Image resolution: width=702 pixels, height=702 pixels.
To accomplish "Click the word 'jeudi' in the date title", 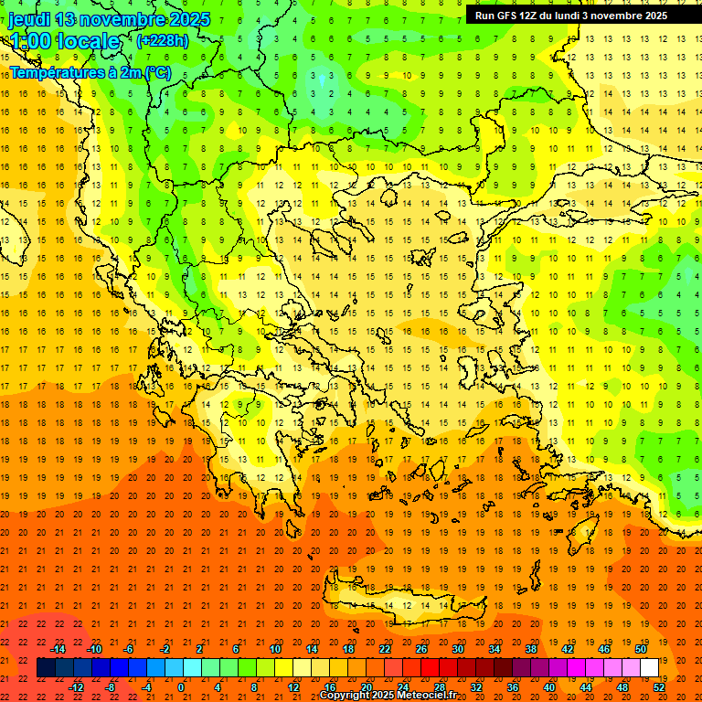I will (x=29, y=19).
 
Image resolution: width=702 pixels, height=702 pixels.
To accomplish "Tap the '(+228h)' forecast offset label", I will (x=162, y=40).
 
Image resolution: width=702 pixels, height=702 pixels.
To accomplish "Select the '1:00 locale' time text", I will (x=65, y=41).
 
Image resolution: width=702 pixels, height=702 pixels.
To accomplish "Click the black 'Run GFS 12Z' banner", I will (x=570, y=16).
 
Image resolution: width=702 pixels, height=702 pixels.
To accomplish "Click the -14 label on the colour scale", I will (x=58, y=649).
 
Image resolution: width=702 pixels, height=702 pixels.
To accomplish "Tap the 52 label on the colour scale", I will (x=659, y=687).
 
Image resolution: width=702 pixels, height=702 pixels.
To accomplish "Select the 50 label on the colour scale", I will (x=640, y=649).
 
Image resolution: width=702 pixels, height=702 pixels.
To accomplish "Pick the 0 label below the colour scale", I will (x=181, y=687).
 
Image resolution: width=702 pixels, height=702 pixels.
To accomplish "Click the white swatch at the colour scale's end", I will (x=649, y=668).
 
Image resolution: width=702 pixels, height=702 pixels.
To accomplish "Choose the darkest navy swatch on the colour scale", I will (x=46, y=668).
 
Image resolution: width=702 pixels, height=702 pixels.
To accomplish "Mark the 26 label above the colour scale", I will (x=421, y=649).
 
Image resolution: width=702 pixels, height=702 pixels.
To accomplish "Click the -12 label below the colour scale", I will (x=77, y=687).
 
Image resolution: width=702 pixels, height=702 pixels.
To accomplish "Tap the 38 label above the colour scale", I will (x=530, y=649).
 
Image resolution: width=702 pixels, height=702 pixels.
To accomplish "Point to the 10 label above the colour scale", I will (x=275, y=649).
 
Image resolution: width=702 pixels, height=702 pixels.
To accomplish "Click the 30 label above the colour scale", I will (x=458, y=649).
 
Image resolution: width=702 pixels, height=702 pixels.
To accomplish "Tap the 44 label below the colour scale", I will (x=586, y=687).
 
